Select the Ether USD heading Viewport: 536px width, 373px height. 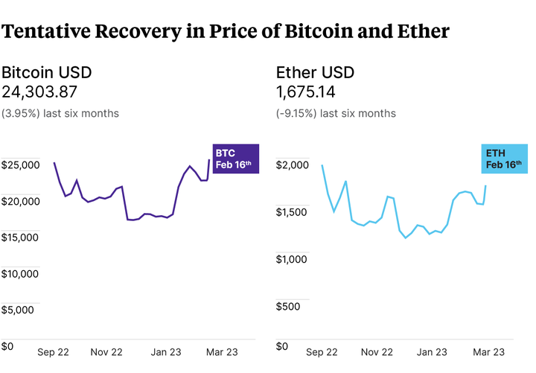click(315, 73)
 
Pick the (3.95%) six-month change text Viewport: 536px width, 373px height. click(60, 113)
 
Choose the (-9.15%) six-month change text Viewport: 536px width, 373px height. click(336, 113)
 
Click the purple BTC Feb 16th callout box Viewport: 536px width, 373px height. click(235, 159)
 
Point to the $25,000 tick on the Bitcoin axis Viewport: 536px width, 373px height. click(21, 165)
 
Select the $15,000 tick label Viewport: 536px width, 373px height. click(21, 237)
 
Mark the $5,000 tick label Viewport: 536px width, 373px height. click(18, 310)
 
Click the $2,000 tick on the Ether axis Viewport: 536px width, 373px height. click(293, 165)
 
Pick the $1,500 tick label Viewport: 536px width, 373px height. click(293, 212)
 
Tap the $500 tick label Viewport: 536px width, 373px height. click(289, 306)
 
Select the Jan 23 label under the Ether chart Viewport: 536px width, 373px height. click(432, 352)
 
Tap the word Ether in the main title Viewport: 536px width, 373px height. click(423, 32)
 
